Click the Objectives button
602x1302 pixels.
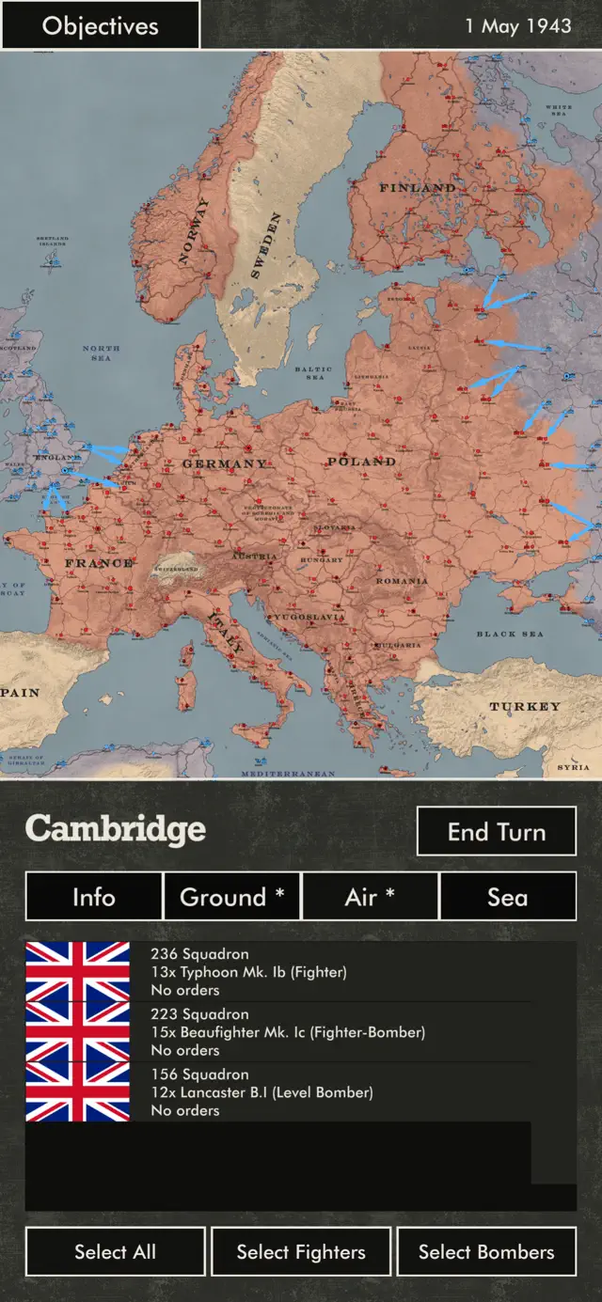[100, 25]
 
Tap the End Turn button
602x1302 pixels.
[496, 831]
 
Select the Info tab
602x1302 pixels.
[94, 897]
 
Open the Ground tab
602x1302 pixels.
[231, 897]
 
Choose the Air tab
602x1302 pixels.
[370, 897]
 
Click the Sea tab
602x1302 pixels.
[507, 897]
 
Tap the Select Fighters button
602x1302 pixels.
[301, 1251]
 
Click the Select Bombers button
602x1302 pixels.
[486, 1251]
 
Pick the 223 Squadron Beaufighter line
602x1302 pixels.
[288, 1032]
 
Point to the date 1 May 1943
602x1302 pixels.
[517, 25]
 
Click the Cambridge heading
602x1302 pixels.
[116, 829]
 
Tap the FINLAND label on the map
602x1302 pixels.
[417, 188]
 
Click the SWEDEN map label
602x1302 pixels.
[265, 246]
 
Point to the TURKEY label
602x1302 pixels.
[524, 706]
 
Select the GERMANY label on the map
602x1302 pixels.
[224, 463]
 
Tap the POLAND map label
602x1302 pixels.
[361, 462]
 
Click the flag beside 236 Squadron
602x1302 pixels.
[77, 972]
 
